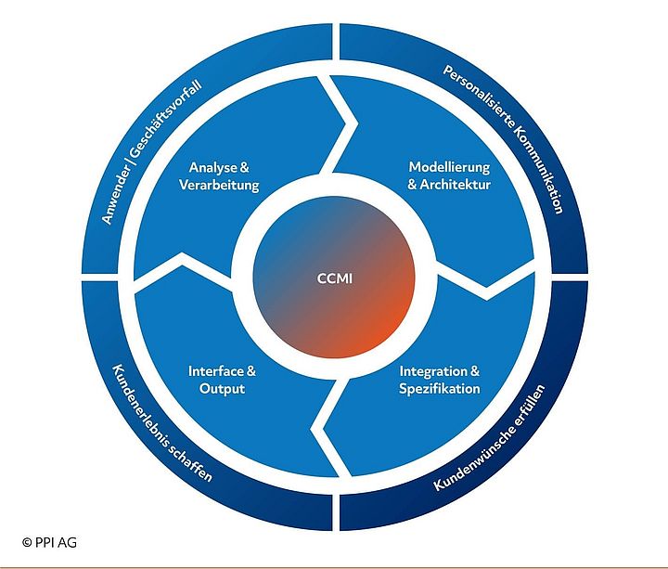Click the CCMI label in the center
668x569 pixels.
(x=334, y=278)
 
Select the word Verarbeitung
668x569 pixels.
(x=219, y=185)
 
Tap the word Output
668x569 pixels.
(x=223, y=388)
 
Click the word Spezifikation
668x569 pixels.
(x=440, y=388)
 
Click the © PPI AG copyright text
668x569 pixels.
(x=51, y=539)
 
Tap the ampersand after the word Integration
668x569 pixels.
(x=473, y=371)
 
